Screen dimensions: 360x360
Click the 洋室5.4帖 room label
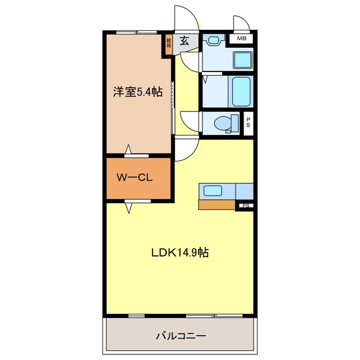pyautogui.click(x=137, y=92)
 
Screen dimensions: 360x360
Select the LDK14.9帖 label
pyautogui.click(x=179, y=253)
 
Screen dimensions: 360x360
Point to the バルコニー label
pyautogui.click(x=180, y=336)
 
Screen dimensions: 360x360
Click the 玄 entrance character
pyautogui.click(x=184, y=40)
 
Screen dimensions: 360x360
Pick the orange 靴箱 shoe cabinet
pyautogui.click(x=168, y=44)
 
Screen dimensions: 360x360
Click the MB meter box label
pyautogui.click(x=241, y=38)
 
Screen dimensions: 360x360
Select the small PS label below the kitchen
pyautogui.click(x=245, y=206)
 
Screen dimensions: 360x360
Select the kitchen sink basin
pyautogui.click(x=212, y=191)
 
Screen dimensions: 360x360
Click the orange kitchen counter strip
pyautogui.click(x=217, y=205)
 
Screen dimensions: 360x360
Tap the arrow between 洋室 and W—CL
pyautogui.click(x=128, y=150)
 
